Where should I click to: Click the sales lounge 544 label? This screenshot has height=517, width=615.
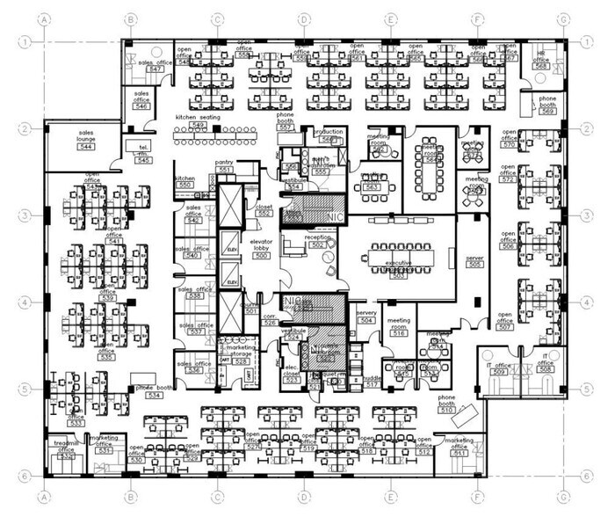[85, 140]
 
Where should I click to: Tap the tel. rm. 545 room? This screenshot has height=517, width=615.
[142, 150]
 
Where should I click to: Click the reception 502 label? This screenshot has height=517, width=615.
[317, 242]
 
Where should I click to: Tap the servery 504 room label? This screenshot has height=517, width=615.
[366, 317]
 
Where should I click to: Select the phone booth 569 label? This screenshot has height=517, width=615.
[547, 106]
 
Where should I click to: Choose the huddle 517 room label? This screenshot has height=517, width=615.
[372, 382]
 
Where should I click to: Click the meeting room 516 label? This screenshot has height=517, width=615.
[399, 326]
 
